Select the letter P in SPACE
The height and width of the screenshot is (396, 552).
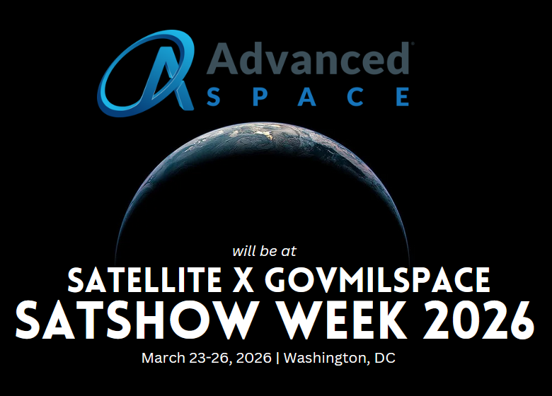point(262,96)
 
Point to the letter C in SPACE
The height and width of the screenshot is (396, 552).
point(355,96)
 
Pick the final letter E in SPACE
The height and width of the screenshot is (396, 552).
point(401,96)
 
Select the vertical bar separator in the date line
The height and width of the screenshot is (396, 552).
point(278,359)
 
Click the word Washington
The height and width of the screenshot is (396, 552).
point(326,359)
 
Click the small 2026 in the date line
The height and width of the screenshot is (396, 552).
point(255,358)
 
